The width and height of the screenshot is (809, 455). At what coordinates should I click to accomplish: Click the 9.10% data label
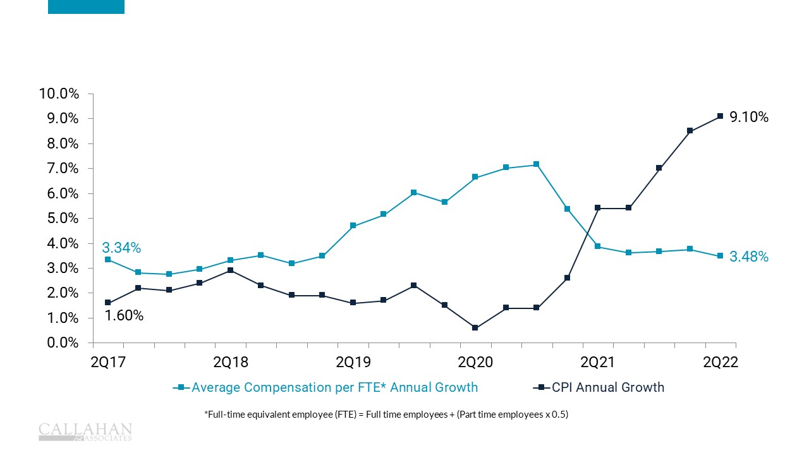pyautogui.click(x=749, y=117)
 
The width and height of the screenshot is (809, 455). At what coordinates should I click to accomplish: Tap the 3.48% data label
pyautogui.click(x=749, y=257)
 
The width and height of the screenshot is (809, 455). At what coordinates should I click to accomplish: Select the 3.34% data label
pyautogui.click(x=121, y=248)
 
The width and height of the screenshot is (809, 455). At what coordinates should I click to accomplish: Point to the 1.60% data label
pyautogui.click(x=124, y=315)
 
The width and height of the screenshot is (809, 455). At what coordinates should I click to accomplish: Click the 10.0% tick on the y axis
pyautogui.click(x=59, y=94)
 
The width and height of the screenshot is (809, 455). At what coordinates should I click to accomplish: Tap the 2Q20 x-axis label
pyautogui.click(x=475, y=362)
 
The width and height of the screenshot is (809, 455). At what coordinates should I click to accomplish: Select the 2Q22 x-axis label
pyautogui.click(x=721, y=362)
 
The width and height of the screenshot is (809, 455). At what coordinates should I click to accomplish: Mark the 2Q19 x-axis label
pyautogui.click(x=353, y=362)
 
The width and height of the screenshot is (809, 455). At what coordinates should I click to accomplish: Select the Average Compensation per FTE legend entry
pyautogui.click(x=325, y=387)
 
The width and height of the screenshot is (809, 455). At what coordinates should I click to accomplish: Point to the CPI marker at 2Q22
pyautogui.click(x=721, y=116)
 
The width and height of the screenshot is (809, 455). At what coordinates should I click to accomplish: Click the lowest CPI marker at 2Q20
pyautogui.click(x=475, y=328)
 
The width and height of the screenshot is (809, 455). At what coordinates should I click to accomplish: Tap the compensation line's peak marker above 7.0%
pyautogui.click(x=537, y=164)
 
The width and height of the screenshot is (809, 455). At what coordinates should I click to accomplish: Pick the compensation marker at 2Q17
pyautogui.click(x=108, y=260)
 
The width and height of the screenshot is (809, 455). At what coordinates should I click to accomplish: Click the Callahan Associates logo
pyautogui.click(x=85, y=431)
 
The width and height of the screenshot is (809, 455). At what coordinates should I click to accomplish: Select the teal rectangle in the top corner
pyautogui.click(x=86, y=6)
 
